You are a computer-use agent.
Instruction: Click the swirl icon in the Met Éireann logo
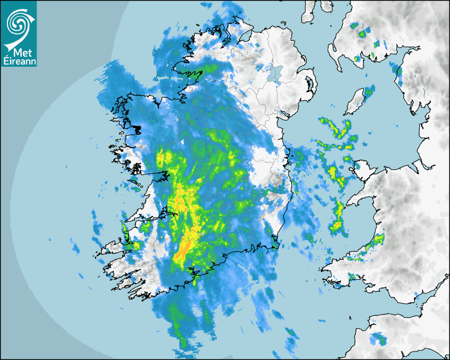point(18,22)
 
